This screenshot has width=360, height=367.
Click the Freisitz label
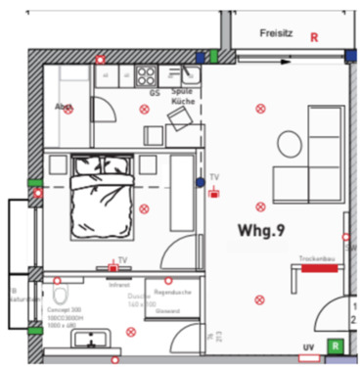(x=277, y=33)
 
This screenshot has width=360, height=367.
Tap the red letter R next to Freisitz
(x=314, y=37)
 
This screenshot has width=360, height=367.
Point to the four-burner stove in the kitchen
(x=147, y=75)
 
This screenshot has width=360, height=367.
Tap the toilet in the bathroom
(x=61, y=294)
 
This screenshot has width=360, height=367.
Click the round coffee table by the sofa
(x=290, y=142)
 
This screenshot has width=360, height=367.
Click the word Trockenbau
(x=315, y=257)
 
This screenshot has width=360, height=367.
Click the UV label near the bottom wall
(x=308, y=347)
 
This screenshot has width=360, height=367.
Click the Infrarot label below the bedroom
(x=119, y=285)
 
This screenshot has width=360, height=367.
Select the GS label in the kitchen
(x=155, y=93)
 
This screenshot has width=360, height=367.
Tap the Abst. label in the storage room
(x=65, y=107)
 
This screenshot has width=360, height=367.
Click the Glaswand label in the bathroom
(x=168, y=311)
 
